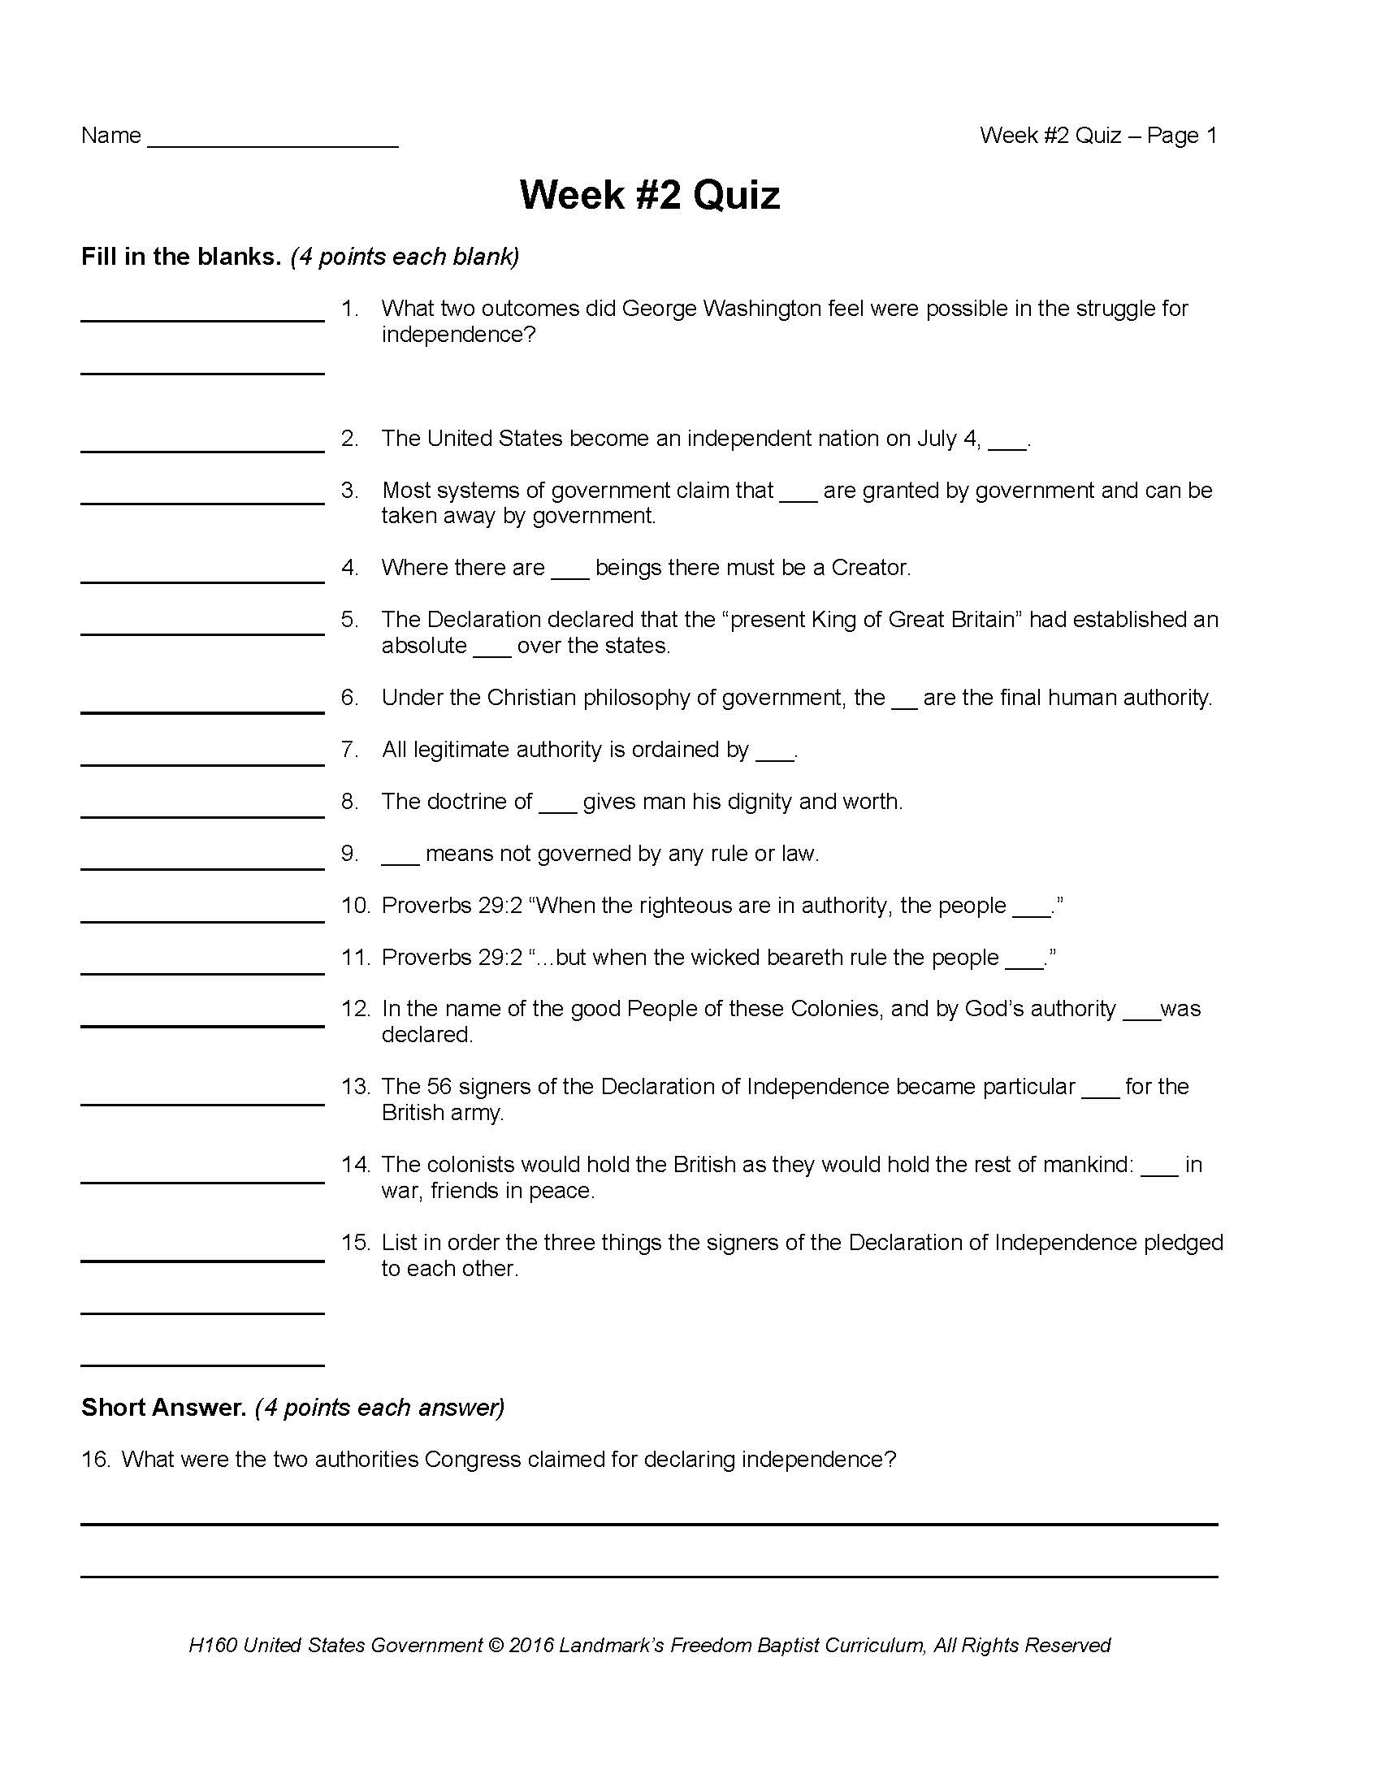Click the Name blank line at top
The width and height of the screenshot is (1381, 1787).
[x=272, y=145]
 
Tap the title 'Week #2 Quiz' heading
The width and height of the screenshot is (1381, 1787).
[x=650, y=196]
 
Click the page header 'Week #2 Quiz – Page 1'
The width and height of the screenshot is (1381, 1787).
[x=1098, y=135]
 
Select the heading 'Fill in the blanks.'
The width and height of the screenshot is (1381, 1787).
[x=181, y=257]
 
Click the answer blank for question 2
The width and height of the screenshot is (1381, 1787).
[x=202, y=448]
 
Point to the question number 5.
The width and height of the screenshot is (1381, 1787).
[x=349, y=620]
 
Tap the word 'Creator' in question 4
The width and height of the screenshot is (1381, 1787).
[x=869, y=568]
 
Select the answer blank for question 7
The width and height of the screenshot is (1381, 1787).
[x=202, y=763]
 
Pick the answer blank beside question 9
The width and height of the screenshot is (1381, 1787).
[x=202, y=867]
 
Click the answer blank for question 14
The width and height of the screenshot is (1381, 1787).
[x=202, y=1180]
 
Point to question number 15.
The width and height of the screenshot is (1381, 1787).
[x=355, y=1242]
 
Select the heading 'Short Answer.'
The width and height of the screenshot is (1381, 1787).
[x=163, y=1408]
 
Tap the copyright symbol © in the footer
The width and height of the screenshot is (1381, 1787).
[x=496, y=1646]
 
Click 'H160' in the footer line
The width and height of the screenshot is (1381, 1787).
[x=212, y=1646]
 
